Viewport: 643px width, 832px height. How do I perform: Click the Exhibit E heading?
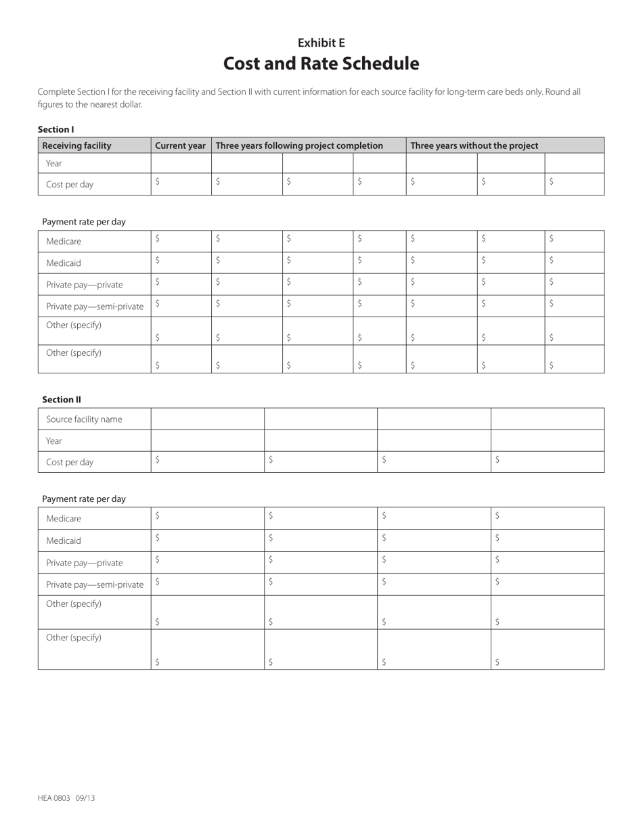[321, 43]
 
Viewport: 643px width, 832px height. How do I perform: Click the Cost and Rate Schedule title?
[321, 64]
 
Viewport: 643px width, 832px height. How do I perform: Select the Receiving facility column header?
[76, 145]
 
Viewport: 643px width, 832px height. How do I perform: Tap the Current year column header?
[180, 145]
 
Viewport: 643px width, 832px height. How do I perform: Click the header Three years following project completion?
[299, 145]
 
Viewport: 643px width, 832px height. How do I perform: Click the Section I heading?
[56, 129]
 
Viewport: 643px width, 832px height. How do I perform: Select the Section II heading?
[62, 400]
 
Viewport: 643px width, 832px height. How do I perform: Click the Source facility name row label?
[84, 419]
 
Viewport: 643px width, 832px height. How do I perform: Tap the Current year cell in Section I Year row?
[181, 163]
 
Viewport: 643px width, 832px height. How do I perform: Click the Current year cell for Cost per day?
[181, 184]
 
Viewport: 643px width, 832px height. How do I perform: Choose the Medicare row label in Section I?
[64, 241]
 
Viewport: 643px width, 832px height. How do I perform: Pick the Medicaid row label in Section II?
[64, 541]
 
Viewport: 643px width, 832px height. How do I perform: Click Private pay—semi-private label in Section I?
[95, 306]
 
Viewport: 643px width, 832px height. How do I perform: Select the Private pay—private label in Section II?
[85, 563]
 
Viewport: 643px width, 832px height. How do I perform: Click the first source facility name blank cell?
[207, 419]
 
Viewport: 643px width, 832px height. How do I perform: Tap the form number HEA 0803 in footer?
[54, 798]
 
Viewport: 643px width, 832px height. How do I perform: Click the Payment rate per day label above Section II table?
[84, 499]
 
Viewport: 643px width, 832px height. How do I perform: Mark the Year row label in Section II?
[54, 441]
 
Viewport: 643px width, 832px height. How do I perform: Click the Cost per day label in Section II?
[70, 463]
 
